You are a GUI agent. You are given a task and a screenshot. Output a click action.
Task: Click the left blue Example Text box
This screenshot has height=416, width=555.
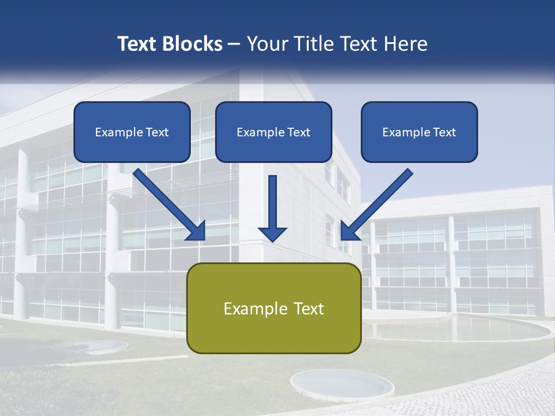(x=132, y=132)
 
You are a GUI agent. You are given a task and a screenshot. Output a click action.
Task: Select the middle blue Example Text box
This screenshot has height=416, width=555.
(x=273, y=132)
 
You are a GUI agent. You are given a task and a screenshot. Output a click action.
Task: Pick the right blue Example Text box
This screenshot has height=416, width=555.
(x=419, y=132)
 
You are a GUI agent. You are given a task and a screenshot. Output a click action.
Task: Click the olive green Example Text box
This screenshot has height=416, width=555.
(x=273, y=308)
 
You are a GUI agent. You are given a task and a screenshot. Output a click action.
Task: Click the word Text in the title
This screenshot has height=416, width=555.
(x=138, y=44)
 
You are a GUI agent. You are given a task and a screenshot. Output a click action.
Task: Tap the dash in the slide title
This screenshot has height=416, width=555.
(x=234, y=44)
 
